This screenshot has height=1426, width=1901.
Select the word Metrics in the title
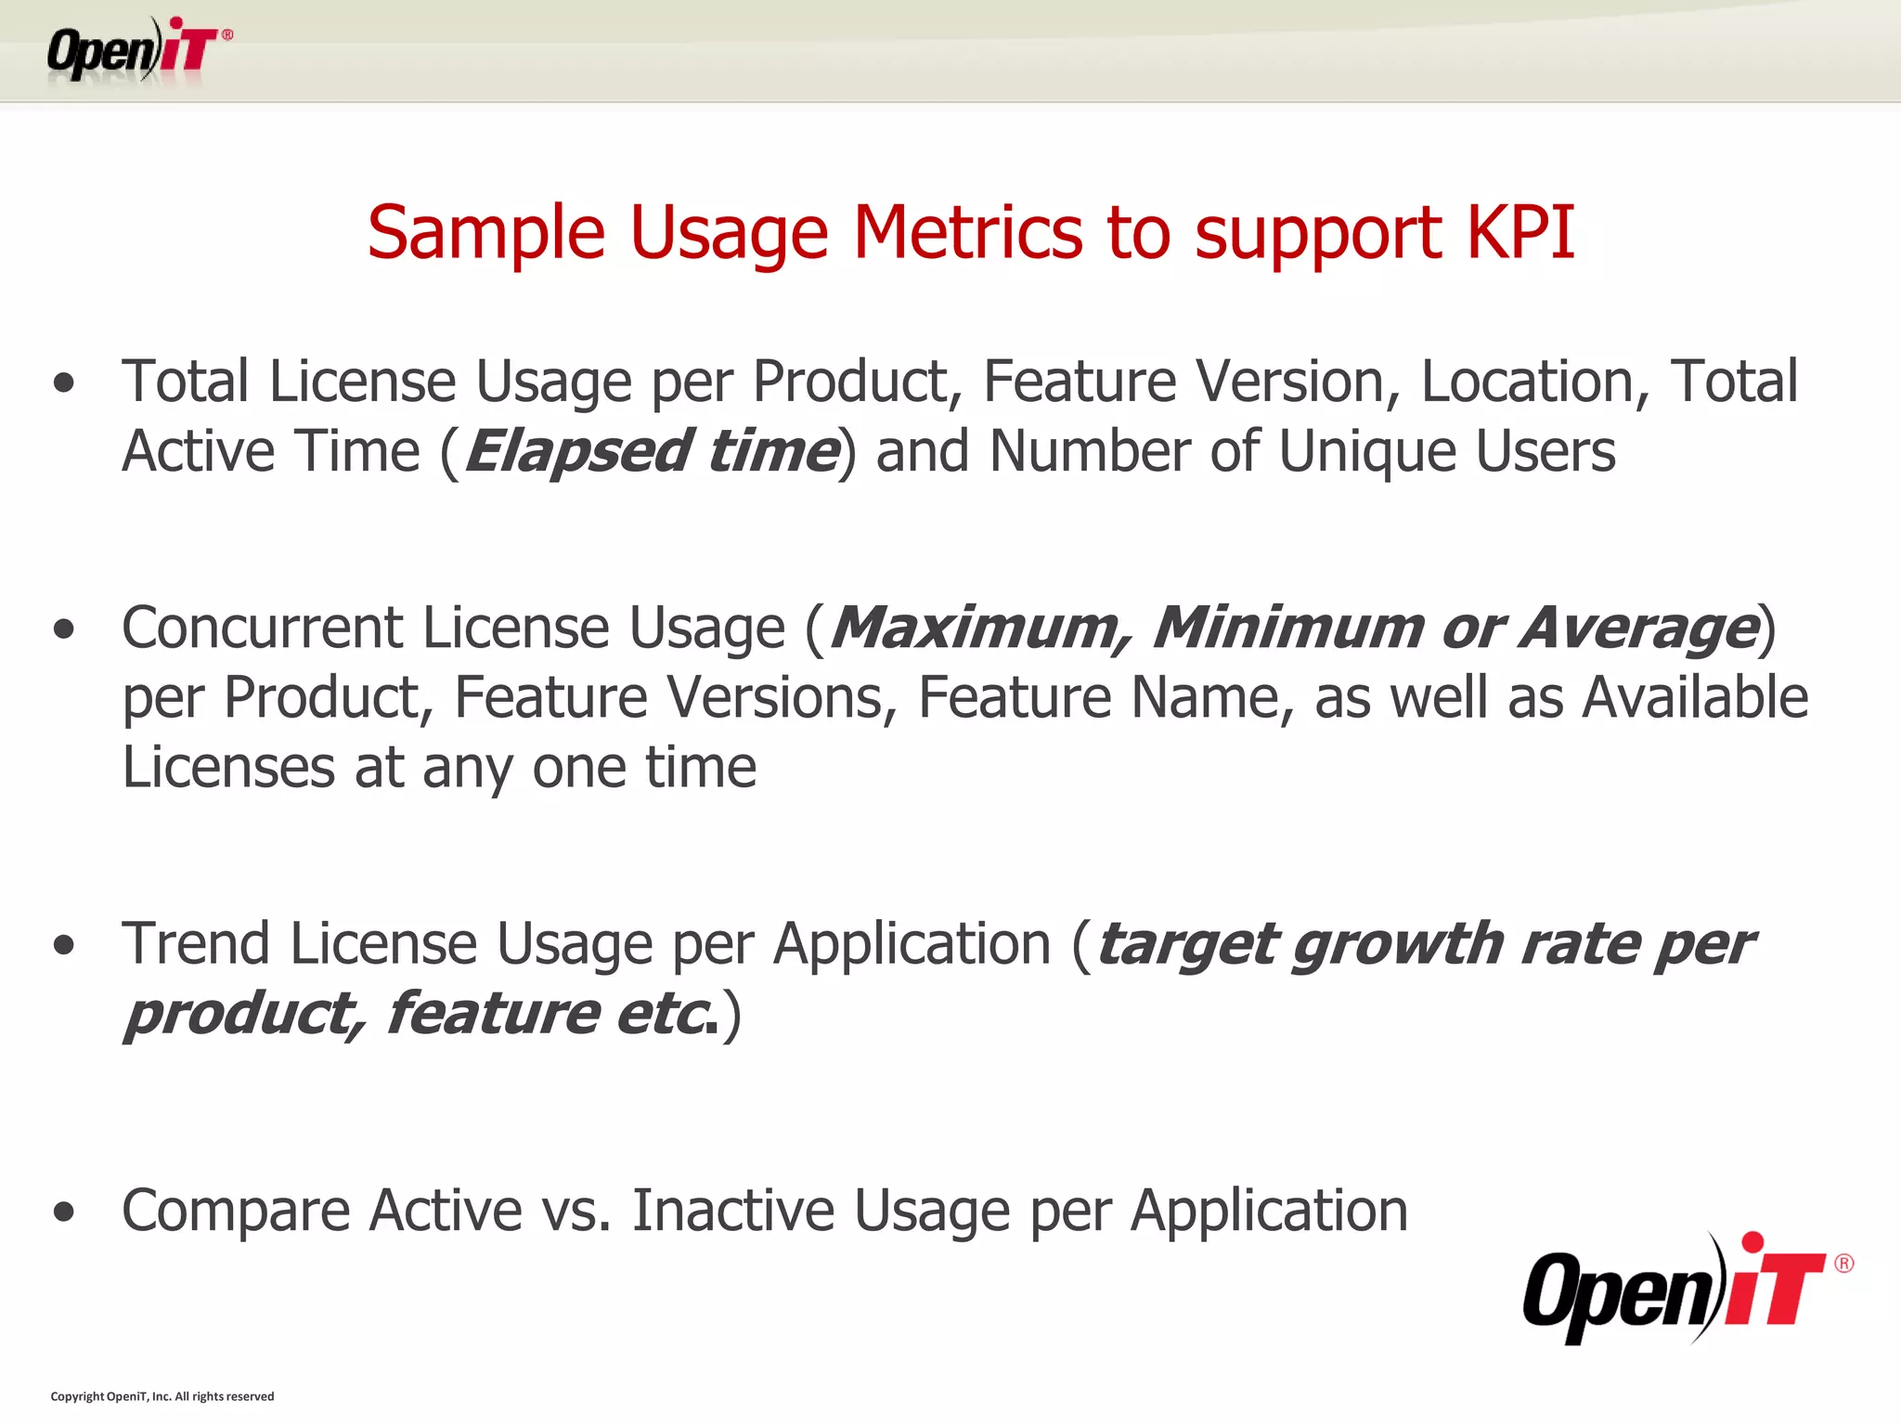coord(967,232)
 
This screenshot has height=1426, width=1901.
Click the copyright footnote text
coord(162,1396)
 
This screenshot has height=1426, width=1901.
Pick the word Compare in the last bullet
coord(236,1212)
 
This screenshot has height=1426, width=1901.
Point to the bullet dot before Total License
coord(64,383)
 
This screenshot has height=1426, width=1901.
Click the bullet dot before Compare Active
coord(64,1212)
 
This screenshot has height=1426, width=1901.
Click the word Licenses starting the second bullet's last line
coord(228,769)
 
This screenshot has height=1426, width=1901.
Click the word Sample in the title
coord(485,232)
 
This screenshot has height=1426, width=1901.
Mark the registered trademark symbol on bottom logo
coord(1843,1264)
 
